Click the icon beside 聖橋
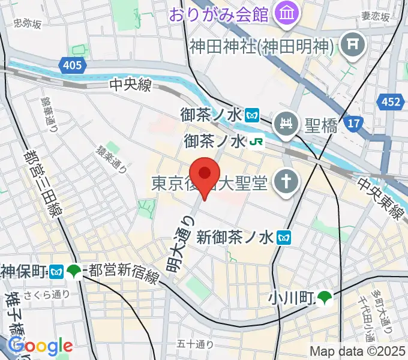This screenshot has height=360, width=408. [286, 124]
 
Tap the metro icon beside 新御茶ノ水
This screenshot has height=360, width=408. [284, 237]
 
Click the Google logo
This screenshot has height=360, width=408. [40, 346]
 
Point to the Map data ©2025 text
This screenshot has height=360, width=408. [358, 352]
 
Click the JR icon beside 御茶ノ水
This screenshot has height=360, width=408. [257, 142]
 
